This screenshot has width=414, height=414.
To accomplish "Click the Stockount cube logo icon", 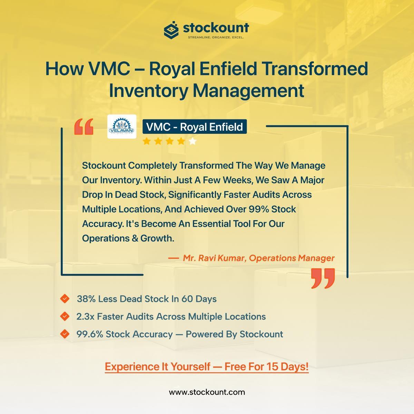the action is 171,30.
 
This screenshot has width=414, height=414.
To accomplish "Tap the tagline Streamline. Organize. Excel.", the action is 216,37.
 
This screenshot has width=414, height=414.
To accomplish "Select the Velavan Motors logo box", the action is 122,127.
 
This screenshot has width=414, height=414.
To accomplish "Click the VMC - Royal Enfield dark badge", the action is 195,127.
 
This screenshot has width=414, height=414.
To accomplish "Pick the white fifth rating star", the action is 193,141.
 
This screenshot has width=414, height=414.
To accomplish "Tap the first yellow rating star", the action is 147,141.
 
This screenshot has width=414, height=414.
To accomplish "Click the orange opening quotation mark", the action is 84,127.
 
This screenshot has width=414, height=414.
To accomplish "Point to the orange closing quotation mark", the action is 323,278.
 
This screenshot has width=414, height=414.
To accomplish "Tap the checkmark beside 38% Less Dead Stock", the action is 65,299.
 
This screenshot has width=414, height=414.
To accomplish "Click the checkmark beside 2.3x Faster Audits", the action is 65,316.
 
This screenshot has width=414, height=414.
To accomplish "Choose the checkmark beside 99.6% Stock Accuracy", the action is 65,334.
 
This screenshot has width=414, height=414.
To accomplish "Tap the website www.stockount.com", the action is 207,392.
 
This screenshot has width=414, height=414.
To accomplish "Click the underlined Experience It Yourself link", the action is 207,366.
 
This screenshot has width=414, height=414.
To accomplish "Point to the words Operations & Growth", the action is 128,238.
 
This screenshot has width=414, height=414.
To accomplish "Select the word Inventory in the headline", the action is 148,91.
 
